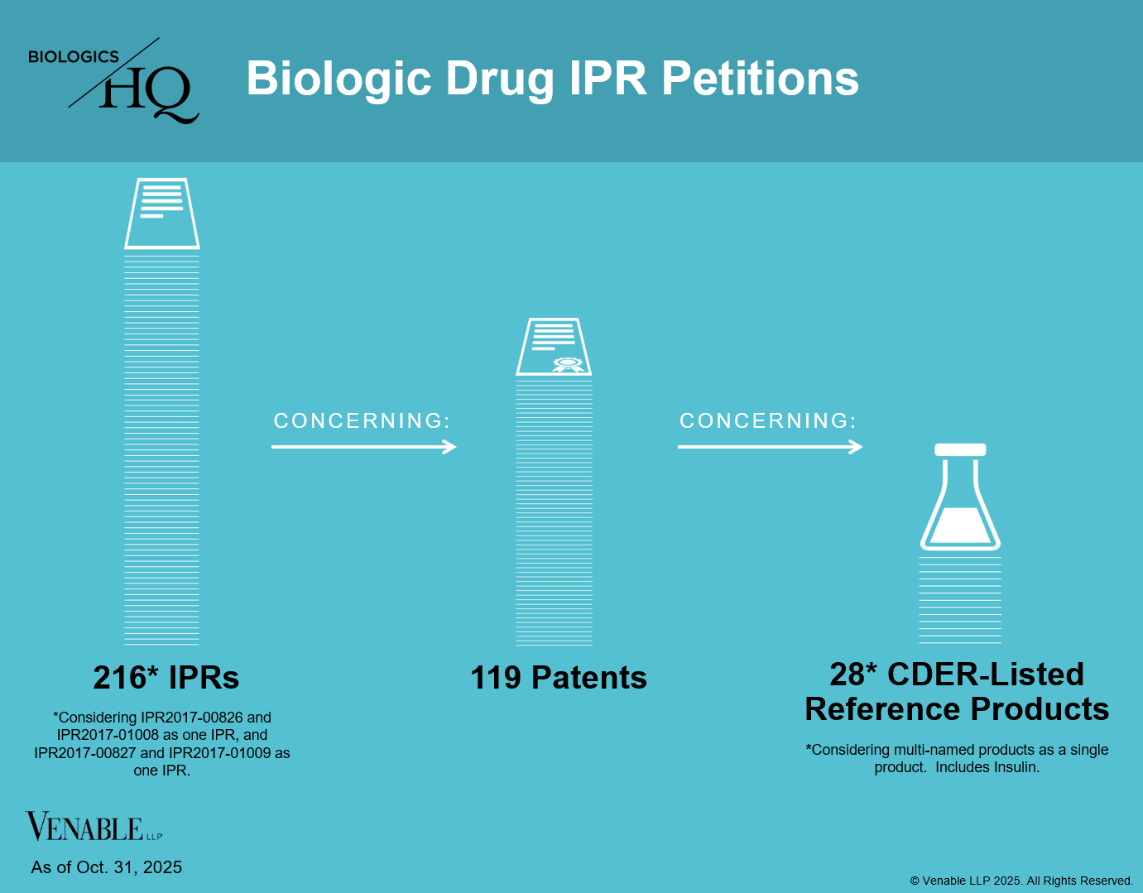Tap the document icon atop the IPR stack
click(161, 213)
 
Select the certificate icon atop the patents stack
click(554, 346)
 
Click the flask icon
click(960, 497)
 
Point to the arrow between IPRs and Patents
click(364, 447)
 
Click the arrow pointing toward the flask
click(770, 447)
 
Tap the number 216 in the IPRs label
click(119, 678)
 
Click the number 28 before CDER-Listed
click(847, 675)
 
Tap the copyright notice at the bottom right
click(1021, 881)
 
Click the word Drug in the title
click(500, 79)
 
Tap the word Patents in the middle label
click(589, 678)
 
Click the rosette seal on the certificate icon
click(567, 363)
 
